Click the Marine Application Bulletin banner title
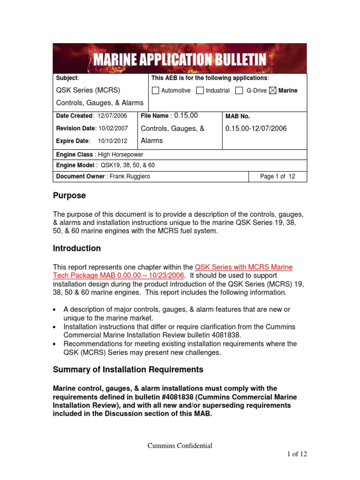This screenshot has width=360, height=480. click(x=180, y=60)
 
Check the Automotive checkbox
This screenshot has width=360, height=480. click(x=156, y=90)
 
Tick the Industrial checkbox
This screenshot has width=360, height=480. click(x=200, y=90)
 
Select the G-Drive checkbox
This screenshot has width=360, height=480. click(x=239, y=90)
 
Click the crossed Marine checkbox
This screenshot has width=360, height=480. click(x=273, y=90)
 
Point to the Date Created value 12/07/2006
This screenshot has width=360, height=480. click(x=113, y=116)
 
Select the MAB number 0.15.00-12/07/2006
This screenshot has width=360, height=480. click(x=256, y=128)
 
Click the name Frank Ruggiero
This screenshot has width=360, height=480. click(x=130, y=176)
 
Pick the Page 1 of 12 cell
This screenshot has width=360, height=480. click(x=277, y=176)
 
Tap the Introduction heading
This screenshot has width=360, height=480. click(x=76, y=248)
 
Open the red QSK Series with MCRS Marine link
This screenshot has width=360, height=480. click(x=243, y=267)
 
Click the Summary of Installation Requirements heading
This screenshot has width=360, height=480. click(x=128, y=369)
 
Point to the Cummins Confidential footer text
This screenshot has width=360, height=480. click(x=180, y=446)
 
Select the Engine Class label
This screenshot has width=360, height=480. click(x=75, y=154)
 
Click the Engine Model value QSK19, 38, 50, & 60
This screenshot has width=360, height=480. click(x=128, y=165)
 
